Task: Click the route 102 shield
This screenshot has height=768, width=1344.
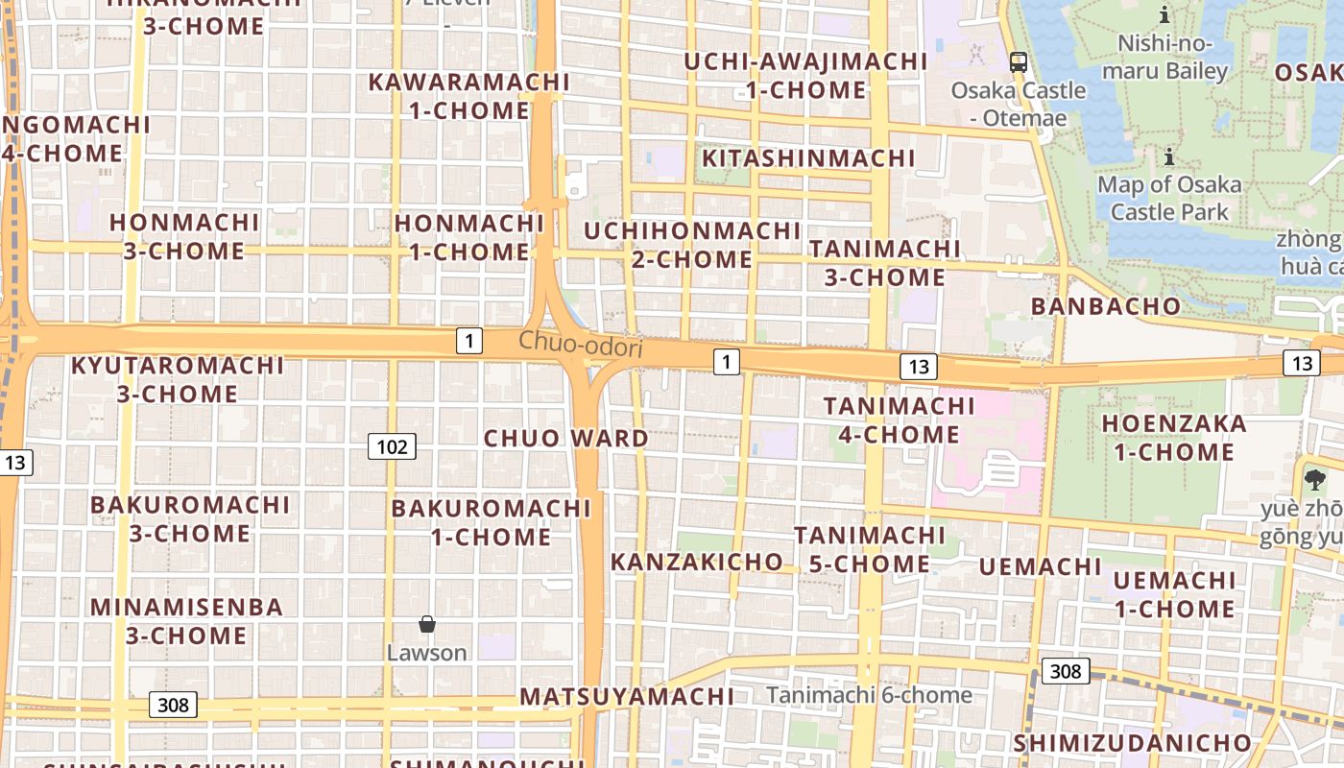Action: click(392, 445)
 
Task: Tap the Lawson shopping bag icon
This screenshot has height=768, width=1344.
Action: click(427, 625)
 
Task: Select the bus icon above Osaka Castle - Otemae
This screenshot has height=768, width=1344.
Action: click(1019, 62)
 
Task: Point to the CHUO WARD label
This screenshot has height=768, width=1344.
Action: click(565, 439)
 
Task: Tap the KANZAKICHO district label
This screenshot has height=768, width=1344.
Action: click(697, 562)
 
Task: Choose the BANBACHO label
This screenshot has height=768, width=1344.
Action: click(1105, 306)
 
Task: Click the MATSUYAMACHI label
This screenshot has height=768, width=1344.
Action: click(627, 696)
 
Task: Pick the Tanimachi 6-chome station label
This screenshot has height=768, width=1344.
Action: click(869, 695)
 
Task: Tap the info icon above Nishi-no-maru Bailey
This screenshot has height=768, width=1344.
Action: click(1164, 14)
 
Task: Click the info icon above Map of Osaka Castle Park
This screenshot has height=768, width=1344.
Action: click(1169, 156)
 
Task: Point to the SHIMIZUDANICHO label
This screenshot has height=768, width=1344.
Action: click(1133, 743)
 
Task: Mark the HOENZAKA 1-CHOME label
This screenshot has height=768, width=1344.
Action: click(1173, 438)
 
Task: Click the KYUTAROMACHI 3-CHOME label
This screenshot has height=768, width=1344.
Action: click(178, 379)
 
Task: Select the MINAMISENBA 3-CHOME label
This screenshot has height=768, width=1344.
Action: click(187, 621)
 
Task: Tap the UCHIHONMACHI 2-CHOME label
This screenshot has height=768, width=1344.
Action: click(692, 245)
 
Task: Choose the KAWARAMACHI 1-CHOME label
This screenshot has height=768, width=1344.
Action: click(469, 96)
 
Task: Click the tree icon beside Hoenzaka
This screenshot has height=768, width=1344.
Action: click(1314, 478)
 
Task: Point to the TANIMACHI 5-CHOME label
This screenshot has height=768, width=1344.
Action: click(870, 549)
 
